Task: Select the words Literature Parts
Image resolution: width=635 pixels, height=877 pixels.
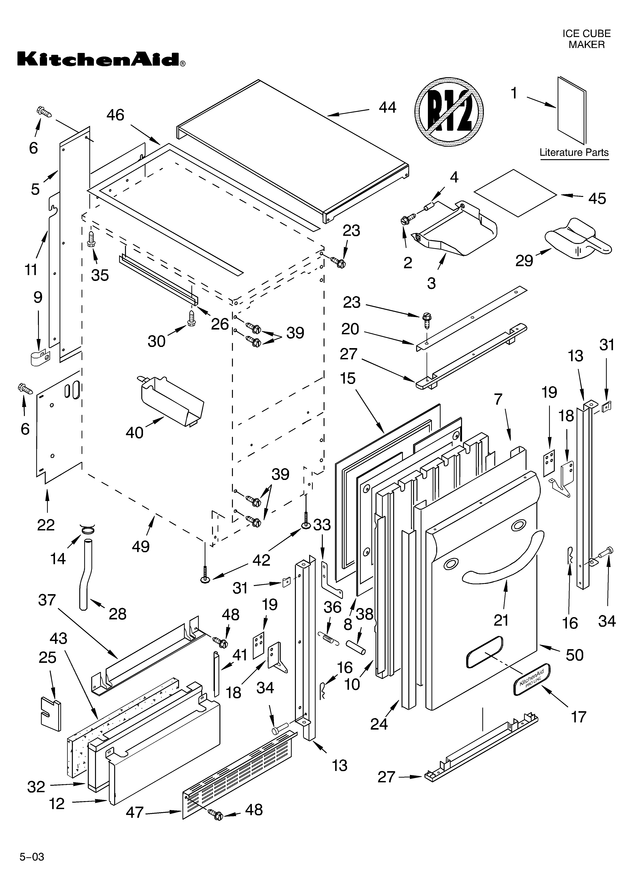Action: [574, 153]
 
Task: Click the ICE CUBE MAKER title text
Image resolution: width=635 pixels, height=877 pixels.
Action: [586, 39]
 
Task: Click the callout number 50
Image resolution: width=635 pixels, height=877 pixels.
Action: [574, 655]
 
